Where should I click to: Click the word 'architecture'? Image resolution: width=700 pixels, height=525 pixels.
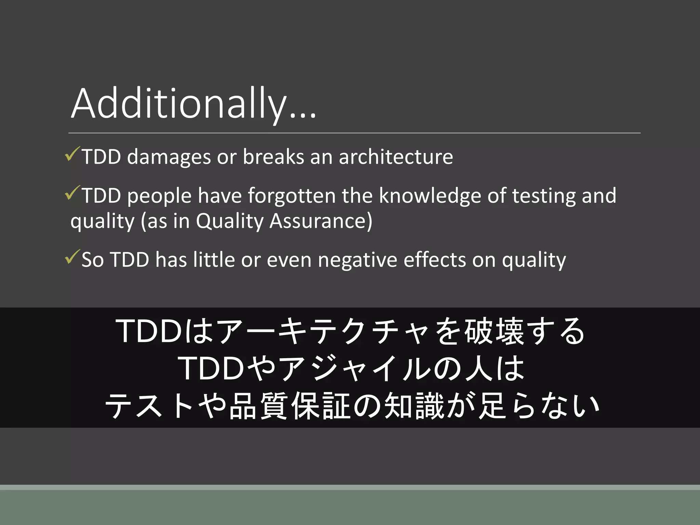[395, 157]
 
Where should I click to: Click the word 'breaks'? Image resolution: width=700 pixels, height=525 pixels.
[273, 157]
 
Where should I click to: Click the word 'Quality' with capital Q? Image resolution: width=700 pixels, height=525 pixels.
[230, 221]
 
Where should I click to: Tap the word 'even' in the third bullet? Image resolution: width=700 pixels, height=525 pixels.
[289, 260]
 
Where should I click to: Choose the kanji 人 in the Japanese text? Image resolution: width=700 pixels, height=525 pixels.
[478, 368]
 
